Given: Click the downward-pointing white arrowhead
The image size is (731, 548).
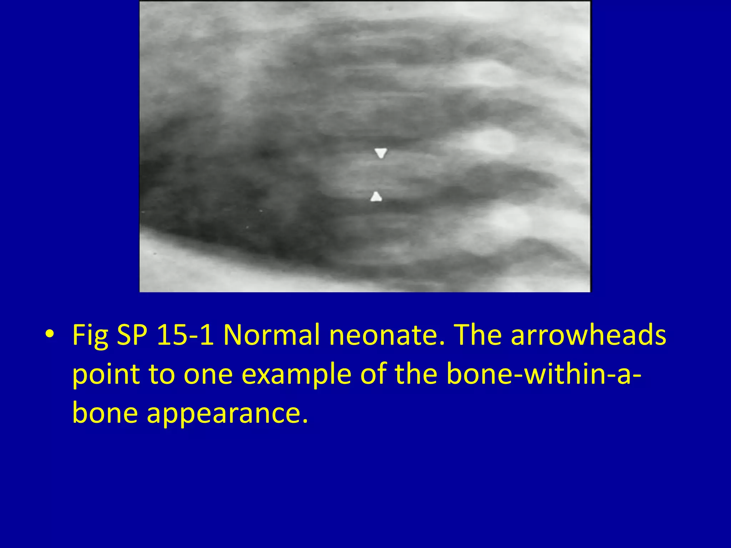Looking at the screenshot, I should [380, 153].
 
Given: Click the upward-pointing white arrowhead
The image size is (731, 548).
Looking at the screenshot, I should [376, 197].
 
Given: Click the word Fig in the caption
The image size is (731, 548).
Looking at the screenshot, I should [90, 336].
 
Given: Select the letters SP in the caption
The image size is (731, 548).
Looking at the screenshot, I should [132, 335].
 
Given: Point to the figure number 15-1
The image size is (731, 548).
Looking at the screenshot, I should [185, 335].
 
